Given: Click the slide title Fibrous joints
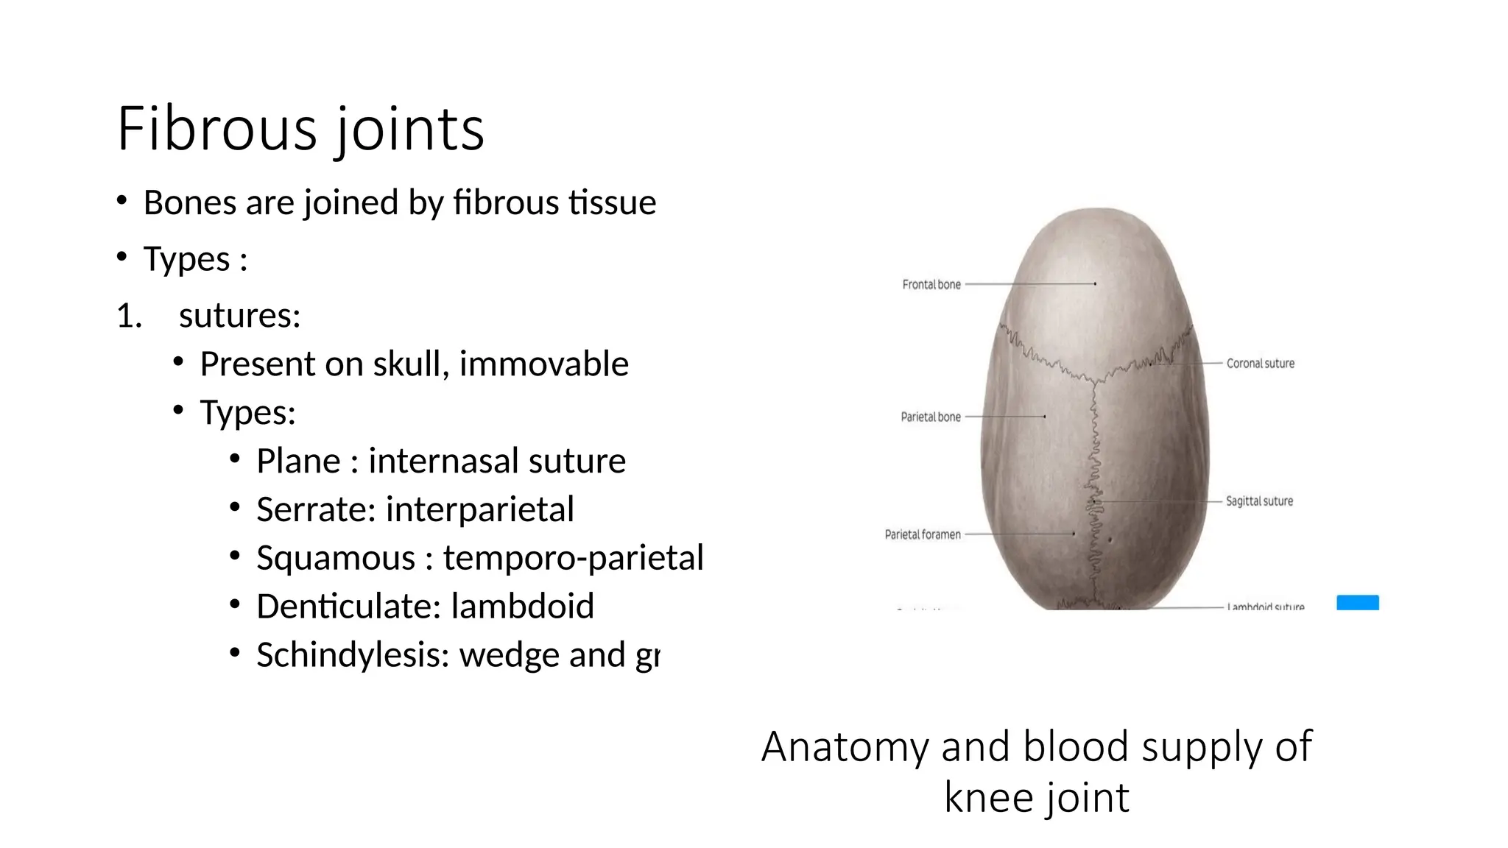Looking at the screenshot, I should [x=300, y=130].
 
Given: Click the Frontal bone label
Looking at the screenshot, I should [x=931, y=285].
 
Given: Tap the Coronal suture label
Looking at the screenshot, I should [x=1260, y=364].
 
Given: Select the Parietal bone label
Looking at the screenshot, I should [x=931, y=417].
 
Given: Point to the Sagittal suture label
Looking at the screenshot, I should [x=1259, y=501].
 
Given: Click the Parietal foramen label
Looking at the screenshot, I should [x=923, y=535].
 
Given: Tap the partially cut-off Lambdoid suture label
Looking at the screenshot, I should [x=1265, y=607].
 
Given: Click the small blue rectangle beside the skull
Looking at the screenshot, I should [x=1357, y=603].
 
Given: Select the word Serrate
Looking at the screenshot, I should [x=315, y=510].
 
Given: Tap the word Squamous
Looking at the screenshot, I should [x=336, y=559].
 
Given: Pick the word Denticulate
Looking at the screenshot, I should [x=348, y=607].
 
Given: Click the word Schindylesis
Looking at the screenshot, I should [x=353, y=656].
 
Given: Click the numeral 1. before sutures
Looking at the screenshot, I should [x=129, y=317].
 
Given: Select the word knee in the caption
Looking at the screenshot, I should [x=987, y=798].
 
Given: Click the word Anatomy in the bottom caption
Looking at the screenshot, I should [x=845, y=747].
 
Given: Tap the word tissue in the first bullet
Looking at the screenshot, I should [x=617, y=203].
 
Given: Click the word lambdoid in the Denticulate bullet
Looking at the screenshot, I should [x=522, y=607].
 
